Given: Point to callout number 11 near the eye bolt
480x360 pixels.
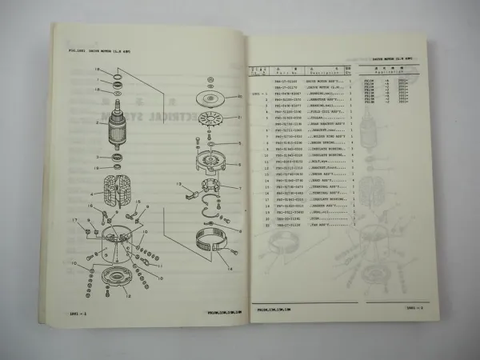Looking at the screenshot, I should tap(158, 264).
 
